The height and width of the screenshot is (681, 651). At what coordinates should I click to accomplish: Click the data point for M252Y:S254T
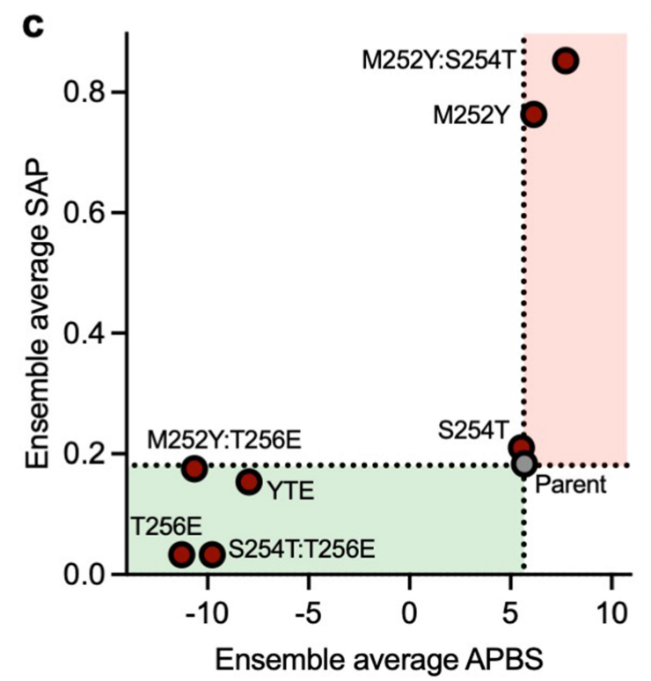(x=566, y=60)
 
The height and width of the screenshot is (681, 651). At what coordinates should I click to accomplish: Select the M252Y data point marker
(x=534, y=114)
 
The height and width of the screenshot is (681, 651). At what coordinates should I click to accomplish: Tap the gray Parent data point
(x=524, y=463)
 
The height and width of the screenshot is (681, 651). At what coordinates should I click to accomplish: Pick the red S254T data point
(x=522, y=447)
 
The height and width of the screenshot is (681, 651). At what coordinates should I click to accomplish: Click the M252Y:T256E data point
(x=194, y=468)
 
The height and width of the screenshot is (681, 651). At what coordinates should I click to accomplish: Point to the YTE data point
(x=249, y=481)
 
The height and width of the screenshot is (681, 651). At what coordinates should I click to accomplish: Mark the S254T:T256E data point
(x=211, y=554)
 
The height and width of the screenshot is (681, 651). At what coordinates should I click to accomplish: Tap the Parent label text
(x=571, y=485)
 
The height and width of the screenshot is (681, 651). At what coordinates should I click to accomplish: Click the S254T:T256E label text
(x=302, y=551)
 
